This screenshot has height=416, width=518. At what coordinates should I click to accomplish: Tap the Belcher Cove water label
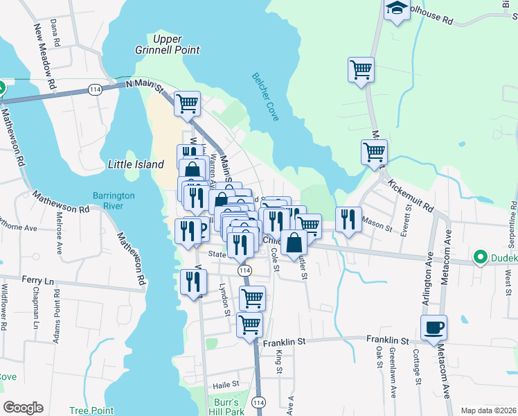[x=266, y=97]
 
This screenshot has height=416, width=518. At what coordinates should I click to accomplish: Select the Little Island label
[x=136, y=164]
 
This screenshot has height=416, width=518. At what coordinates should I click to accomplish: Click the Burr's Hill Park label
[x=226, y=406]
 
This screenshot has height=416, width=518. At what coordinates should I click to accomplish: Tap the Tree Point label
[x=91, y=410]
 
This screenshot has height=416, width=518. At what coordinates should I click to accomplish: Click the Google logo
[x=23, y=408]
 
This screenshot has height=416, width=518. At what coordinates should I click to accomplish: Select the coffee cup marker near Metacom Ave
[x=434, y=327]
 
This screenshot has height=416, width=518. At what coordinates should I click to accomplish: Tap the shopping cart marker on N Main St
[x=187, y=103]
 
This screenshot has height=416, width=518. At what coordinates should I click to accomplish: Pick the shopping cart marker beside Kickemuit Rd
[x=374, y=150]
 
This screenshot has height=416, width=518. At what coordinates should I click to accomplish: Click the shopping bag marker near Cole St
[x=294, y=242]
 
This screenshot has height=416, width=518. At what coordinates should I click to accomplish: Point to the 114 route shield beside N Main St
[x=95, y=89]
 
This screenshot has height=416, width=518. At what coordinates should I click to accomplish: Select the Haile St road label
[x=226, y=383]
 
